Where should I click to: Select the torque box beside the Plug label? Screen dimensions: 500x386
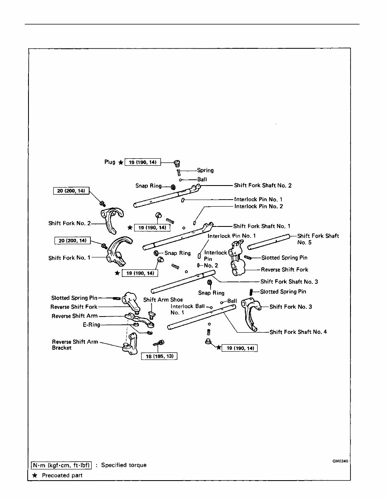[x=142, y=162]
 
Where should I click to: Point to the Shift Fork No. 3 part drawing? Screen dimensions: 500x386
[x=250, y=314]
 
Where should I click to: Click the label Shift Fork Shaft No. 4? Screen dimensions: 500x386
[x=298, y=332]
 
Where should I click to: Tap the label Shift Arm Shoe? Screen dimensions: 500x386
[x=163, y=300]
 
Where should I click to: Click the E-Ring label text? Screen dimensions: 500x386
[x=91, y=325]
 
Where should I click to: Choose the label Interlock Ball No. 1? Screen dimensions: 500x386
[x=187, y=310]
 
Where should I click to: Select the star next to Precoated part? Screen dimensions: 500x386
[x=35, y=475]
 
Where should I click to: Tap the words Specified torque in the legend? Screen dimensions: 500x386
[x=123, y=465]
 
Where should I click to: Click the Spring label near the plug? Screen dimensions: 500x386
[x=205, y=170]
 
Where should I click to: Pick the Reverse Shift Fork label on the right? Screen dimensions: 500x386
[x=284, y=270]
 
